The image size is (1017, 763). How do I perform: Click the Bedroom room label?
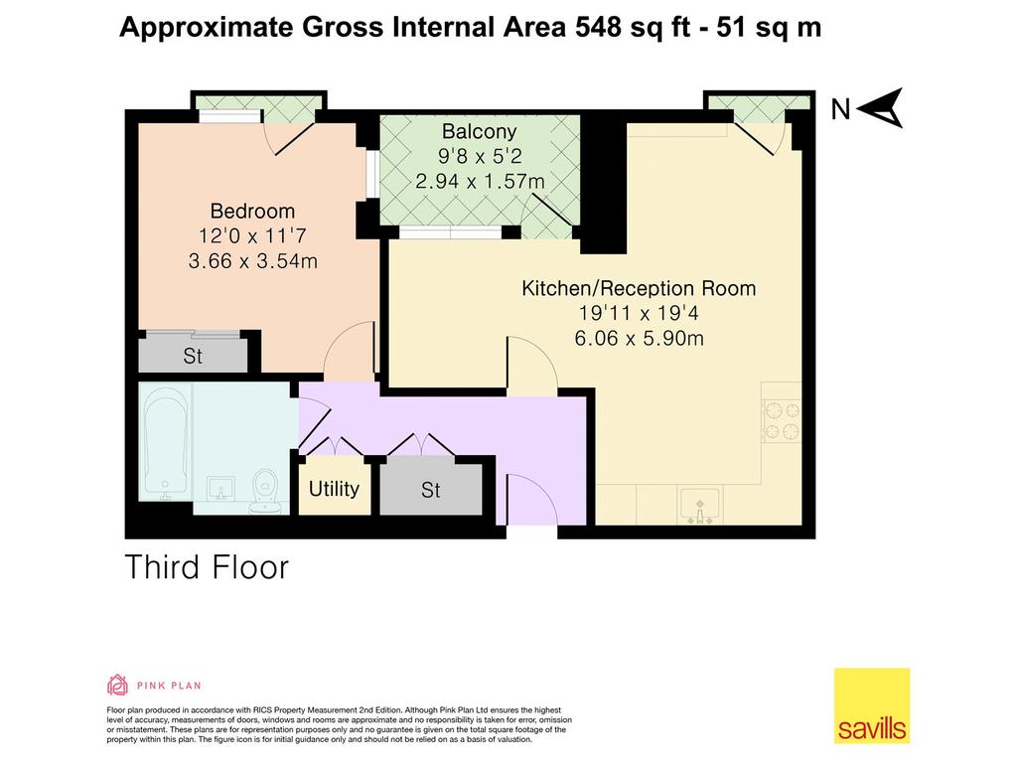click(252, 211)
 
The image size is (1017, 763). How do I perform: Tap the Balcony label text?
click(480, 132)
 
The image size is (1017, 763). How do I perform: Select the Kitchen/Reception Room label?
click(639, 288)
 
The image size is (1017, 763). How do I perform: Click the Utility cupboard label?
click(334, 489)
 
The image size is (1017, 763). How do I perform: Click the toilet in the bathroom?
click(266, 491)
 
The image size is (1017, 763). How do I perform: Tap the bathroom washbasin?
click(221, 489)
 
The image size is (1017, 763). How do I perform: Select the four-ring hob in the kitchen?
click(783, 420)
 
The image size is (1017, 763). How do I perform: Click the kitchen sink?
click(700, 506)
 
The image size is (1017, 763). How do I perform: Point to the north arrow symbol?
click(880, 107)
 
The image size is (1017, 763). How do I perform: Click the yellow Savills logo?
click(872, 705)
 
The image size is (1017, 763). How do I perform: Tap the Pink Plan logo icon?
click(117, 685)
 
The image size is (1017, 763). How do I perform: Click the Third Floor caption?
click(207, 567)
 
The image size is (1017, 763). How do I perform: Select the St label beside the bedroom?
click(193, 357)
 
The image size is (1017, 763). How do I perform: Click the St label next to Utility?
click(431, 490)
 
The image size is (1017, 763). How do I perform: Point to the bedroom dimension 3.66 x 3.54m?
click(253, 261)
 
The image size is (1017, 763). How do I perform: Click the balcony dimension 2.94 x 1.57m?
click(480, 181)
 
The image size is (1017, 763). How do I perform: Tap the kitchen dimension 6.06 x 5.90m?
click(639, 338)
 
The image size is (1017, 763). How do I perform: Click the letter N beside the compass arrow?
click(840, 109)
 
